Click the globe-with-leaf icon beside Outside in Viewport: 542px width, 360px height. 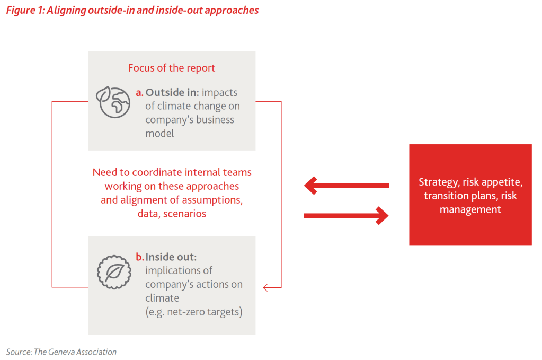tap(112, 102)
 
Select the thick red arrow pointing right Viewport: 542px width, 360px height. tap(346, 215)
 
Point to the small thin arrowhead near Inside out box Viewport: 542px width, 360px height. tap(266, 288)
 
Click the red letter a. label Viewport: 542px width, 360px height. tap(140, 92)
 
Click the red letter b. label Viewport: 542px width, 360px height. tap(140, 257)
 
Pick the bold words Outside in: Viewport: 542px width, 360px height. tap(173, 92)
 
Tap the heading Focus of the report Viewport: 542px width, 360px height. tap(172, 68)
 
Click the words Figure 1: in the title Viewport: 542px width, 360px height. tap(25, 10)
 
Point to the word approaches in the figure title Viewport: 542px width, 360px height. tap(234, 10)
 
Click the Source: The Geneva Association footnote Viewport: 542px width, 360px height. tap(61, 352)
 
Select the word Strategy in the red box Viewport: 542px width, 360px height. tap(438, 182)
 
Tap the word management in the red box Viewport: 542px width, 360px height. tap(470, 209)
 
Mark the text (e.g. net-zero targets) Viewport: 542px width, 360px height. tap(194, 312)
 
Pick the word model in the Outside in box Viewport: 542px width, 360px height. tap(159, 133)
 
